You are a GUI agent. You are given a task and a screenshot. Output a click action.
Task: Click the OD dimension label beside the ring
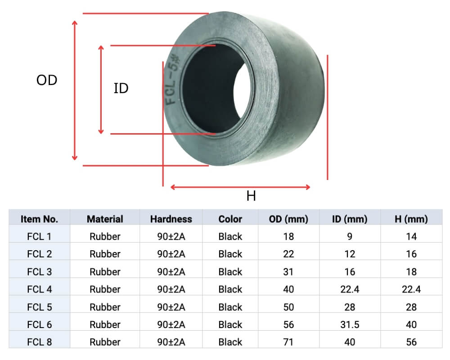click(x=47, y=81)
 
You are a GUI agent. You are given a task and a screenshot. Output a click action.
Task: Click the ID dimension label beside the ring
click(x=121, y=89)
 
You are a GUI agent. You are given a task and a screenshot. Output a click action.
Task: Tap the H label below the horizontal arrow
click(x=251, y=196)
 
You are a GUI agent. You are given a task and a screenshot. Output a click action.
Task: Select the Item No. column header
click(x=39, y=219)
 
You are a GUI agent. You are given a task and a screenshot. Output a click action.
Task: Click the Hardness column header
click(x=171, y=219)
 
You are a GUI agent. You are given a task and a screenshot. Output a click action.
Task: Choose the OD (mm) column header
click(x=288, y=219)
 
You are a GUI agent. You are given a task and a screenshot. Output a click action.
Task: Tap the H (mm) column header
click(x=411, y=219)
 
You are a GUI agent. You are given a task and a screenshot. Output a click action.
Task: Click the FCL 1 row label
click(x=39, y=237)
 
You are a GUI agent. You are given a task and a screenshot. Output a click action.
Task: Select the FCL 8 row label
click(x=39, y=342)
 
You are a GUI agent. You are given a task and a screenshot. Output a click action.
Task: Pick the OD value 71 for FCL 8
click(x=288, y=342)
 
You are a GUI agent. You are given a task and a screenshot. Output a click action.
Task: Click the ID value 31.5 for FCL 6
click(x=349, y=324)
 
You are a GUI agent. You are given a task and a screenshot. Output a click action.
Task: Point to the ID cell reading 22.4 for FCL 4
click(x=349, y=289)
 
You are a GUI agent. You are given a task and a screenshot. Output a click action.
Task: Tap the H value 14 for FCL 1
click(x=411, y=237)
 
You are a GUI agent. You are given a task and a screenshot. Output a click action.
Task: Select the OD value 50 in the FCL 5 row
click(x=288, y=307)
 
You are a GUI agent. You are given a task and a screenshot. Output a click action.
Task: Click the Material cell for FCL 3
click(x=105, y=272)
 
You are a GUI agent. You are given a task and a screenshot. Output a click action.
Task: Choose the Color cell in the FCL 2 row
click(x=230, y=254)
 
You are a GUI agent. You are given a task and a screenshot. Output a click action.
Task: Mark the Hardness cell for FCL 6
click(x=171, y=324)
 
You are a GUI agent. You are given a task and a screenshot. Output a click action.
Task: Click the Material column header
click(x=105, y=219)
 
